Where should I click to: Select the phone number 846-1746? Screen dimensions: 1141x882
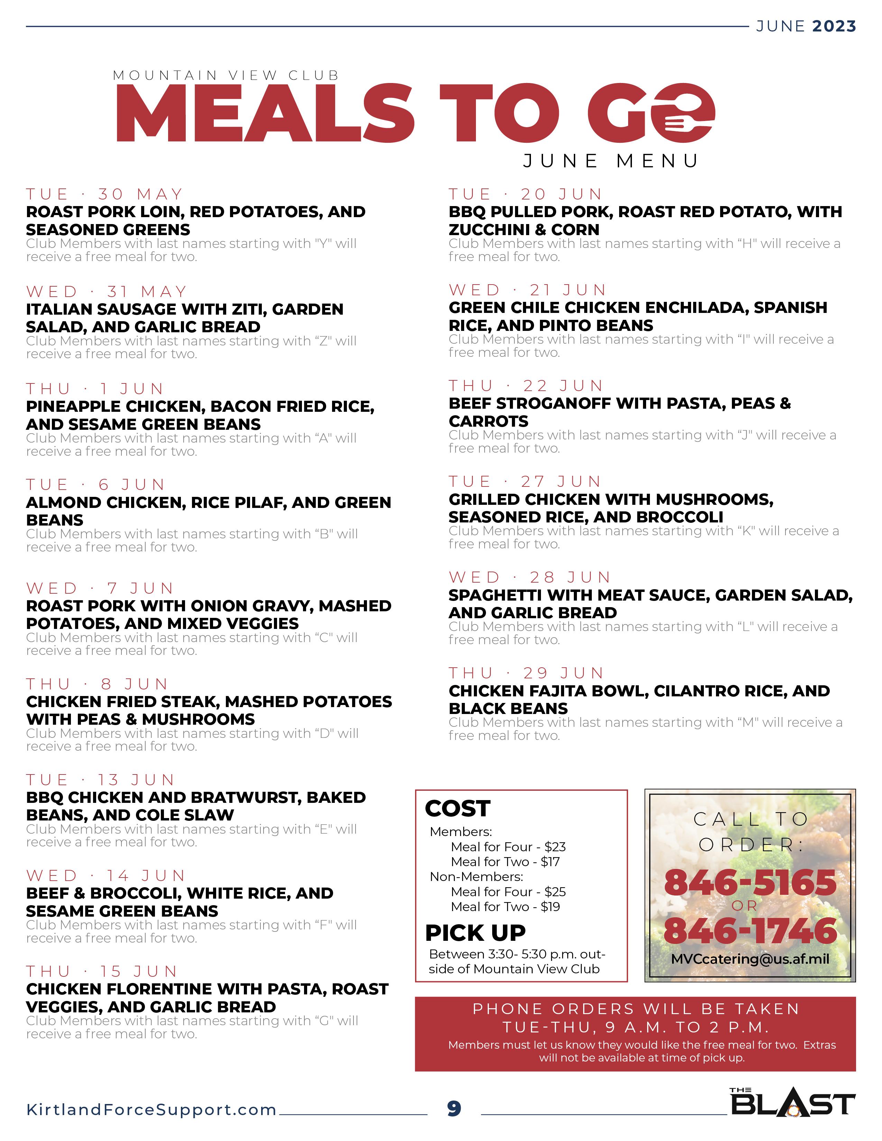pyautogui.click(x=750, y=930)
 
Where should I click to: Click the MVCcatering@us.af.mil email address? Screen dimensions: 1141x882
pyautogui.click(x=750, y=959)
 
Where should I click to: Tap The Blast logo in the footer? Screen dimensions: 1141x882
pyautogui.click(x=792, y=1102)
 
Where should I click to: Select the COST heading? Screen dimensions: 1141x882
pyautogui.click(x=457, y=809)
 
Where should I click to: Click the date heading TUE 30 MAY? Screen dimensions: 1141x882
pyautogui.click(x=104, y=194)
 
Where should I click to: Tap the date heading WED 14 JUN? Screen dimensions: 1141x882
pyautogui.click(x=106, y=875)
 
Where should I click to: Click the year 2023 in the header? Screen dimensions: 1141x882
pyautogui.click(x=834, y=26)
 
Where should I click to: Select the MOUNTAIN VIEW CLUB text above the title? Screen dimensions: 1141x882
pyautogui.click(x=226, y=75)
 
